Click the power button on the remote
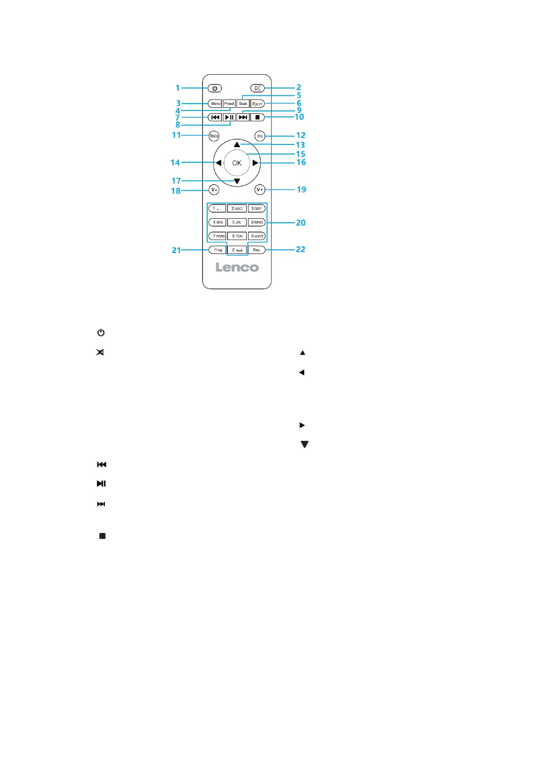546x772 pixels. coord(215,88)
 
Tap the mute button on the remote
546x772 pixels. coord(258,88)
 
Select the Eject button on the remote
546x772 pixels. coord(257,104)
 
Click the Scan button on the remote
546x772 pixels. coord(243,104)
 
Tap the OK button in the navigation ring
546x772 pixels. coord(237,163)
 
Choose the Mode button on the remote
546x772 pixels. coord(214,136)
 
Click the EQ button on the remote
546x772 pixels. coord(260,136)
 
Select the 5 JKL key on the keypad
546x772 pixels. coord(237,222)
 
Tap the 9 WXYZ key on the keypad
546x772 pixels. coord(257,236)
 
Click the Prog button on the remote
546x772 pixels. coord(218,250)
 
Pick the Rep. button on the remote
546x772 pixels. coord(257,250)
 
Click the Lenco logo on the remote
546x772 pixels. coord(237,267)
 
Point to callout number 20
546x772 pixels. coord(301,223)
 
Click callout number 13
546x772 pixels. coord(300,145)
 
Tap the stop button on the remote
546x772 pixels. coord(258,117)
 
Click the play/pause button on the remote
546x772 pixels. coord(229,117)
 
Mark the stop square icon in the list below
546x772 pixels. coord(102,536)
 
